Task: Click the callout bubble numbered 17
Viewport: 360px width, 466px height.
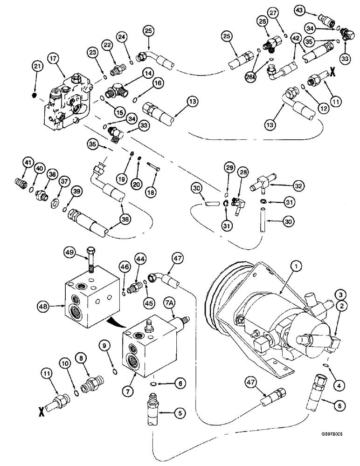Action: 52,60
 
